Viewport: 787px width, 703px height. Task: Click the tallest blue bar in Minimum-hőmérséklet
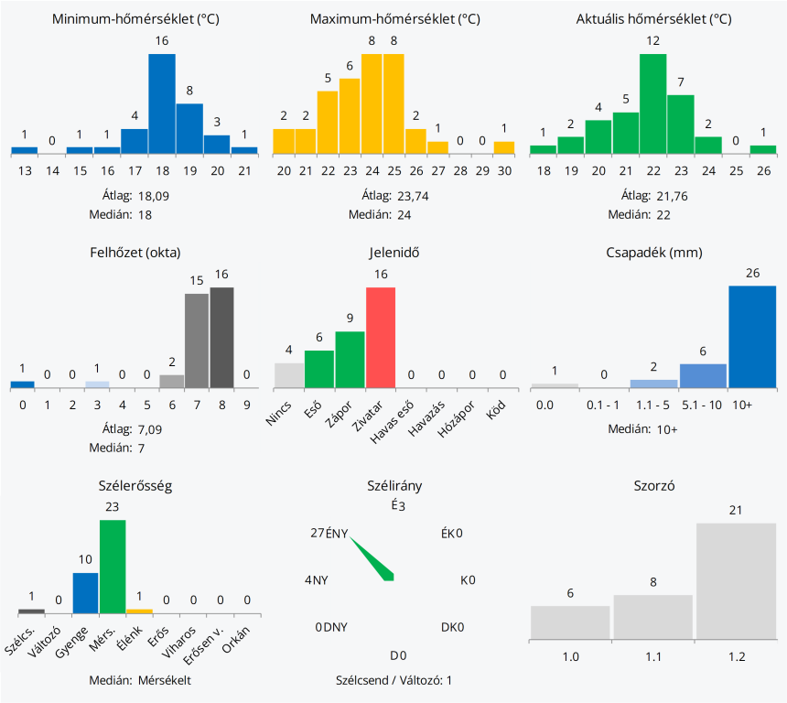[x=162, y=103]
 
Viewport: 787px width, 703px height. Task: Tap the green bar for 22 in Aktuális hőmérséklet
[x=652, y=103]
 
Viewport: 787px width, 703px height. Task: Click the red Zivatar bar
[x=381, y=337]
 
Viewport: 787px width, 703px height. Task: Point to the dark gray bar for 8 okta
[x=222, y=337]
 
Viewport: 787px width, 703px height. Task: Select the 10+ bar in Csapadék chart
[x=752, y=336]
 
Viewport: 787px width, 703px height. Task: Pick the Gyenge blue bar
[x=85, y=592]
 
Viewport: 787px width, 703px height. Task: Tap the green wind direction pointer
[x=372, y=559]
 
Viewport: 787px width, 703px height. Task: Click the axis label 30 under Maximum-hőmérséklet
[x=503, y=171]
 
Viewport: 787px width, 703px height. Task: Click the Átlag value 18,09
[x=154, y=196]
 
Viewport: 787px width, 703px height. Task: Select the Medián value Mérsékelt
[x=165, y=680]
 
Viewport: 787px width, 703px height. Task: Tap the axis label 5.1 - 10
[x=703, y=404]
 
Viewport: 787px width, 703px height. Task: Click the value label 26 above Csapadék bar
[x=752, y=273]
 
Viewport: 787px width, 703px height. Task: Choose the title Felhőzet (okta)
[x=136, y=253]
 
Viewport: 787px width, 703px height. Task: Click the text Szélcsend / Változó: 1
[x=394, y=680]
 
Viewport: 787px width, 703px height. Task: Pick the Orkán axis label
[x=241, y=637]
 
